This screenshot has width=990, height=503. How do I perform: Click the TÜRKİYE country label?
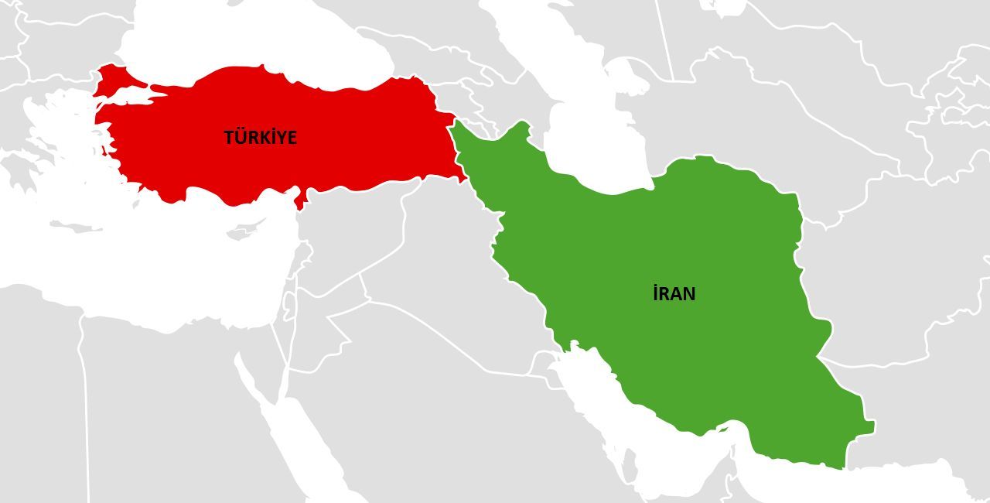(x=260, y=138)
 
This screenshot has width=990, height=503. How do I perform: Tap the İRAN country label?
(x=674, y=294)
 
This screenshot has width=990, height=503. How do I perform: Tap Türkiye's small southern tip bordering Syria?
(x=299, y=203)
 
